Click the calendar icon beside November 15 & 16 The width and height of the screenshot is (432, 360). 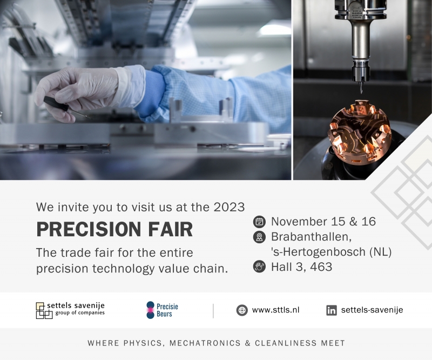pos(259,222)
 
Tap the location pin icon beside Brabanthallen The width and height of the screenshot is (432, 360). pos(259,237)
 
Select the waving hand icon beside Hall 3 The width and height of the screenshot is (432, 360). pos(259,266)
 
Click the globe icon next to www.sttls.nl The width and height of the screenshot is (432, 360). pos(242,310)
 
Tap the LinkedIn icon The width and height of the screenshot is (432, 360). pos(332,310)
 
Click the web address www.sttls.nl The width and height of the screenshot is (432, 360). pos(275,310)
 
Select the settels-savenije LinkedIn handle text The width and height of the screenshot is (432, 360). pos(372,310)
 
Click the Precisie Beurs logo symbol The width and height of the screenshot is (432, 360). pos(151,310)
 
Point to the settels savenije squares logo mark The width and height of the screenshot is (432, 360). pos(44,311)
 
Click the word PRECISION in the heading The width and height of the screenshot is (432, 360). pos(89,229)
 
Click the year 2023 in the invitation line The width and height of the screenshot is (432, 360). pos(229,207)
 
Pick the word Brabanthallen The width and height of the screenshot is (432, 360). pos(312,237)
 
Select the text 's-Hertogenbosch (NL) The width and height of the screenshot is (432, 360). pos(331,252)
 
